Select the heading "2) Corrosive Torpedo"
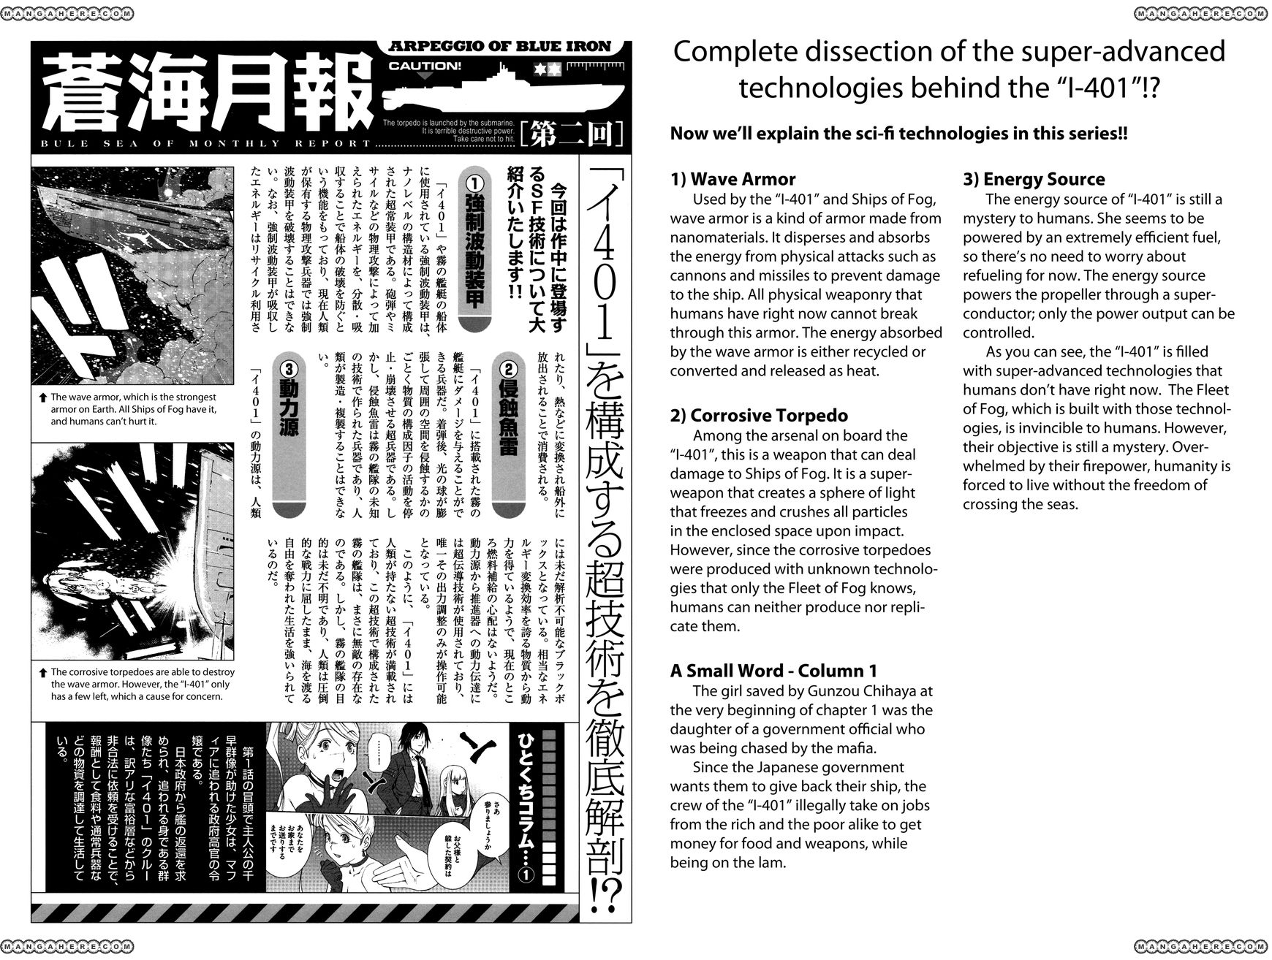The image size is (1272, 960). point(759,416)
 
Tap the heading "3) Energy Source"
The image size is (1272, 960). point(1034,180)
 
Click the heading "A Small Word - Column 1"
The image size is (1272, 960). point(773,671)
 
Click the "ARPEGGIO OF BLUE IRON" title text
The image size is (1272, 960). point(501,46)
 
